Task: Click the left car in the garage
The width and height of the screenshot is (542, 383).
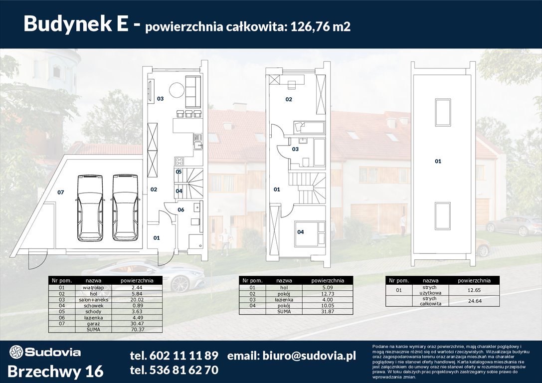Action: click(90, 207)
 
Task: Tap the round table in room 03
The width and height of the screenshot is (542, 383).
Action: click(176, 90)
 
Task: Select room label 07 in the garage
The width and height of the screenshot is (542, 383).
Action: click(60, 192)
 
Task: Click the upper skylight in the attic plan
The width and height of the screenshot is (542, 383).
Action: click(443, 112)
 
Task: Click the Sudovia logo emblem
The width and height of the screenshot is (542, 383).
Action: click(16, 352)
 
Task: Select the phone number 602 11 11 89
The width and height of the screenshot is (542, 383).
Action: click(174, 356)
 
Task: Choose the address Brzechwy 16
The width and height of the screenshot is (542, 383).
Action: click(56, 371)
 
